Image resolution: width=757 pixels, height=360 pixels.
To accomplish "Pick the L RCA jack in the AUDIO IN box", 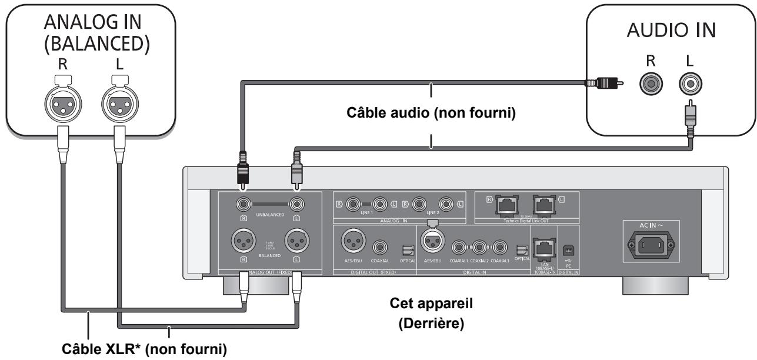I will click(x=688, y=84).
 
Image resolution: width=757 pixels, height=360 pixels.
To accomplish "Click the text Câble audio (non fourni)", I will click(x=431, y=114).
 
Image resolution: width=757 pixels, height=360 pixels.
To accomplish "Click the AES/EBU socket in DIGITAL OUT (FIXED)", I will click(x=351, y=241).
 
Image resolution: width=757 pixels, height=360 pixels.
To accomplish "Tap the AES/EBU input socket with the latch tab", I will click(x=432, y=241).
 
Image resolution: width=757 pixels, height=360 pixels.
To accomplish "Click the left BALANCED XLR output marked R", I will click(x=242, y=241).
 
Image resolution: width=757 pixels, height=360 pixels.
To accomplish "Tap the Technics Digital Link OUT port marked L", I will click(x=542, y=206).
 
